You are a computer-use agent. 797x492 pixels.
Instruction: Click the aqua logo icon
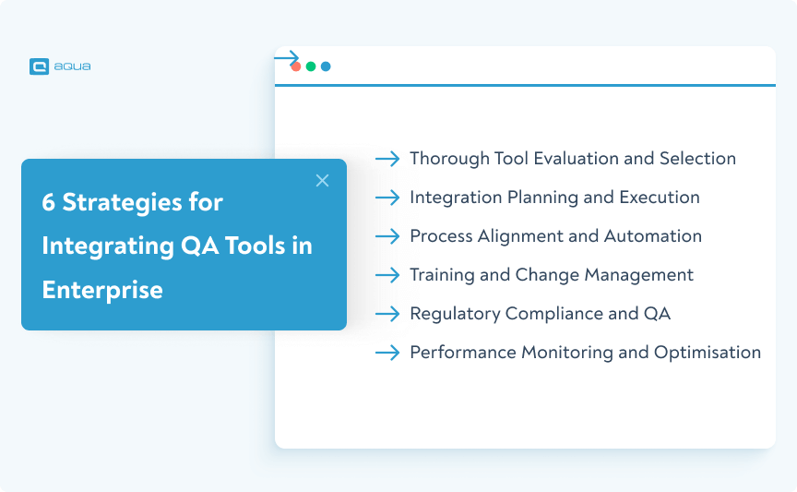coord(39,66)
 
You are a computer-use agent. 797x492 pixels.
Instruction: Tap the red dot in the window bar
coord(296,66)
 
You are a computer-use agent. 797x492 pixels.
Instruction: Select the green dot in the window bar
coord(311,66)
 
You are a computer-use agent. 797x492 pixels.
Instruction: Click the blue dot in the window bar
coord(326,66)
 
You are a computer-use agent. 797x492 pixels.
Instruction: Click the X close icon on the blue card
coord(322,181)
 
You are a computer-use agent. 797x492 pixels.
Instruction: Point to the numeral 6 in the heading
coord(48,202)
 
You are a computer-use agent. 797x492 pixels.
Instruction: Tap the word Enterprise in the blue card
coord(102,290)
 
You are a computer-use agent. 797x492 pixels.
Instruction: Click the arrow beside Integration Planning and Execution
coord(387,198)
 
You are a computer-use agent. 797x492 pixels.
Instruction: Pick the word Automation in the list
coord(652,236)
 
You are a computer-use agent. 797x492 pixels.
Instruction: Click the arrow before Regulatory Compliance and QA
coord(387,314)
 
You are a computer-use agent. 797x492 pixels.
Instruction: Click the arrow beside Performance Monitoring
coord(387,353)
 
